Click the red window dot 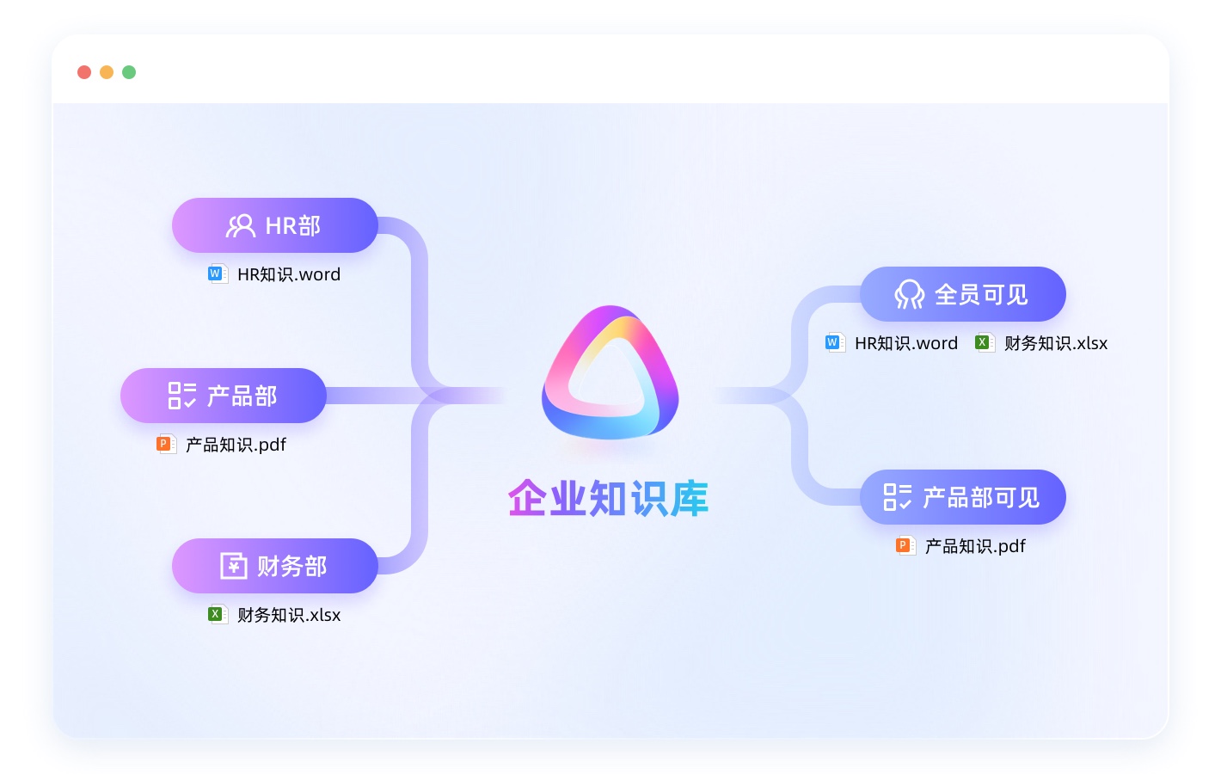click(84, 72)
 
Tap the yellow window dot click(107, 72)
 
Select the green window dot click(129, 72)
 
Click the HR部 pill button click(274, 225)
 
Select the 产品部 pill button click(223, 396)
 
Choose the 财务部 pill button click(274, 566)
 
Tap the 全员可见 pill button click(962, 294)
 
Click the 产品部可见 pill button click(962, 497)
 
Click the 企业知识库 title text click(608, 499)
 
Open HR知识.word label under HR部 click(289, 274)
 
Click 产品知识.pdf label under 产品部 click(236, 445)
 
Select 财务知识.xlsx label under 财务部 click(289, 615)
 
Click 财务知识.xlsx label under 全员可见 click(1056, 343)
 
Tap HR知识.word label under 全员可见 click(906, 343)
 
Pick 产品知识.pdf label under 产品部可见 click(975, 546)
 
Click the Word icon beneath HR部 click(217, 274)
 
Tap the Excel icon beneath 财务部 click(217, 615)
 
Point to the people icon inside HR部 click(240, 225)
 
